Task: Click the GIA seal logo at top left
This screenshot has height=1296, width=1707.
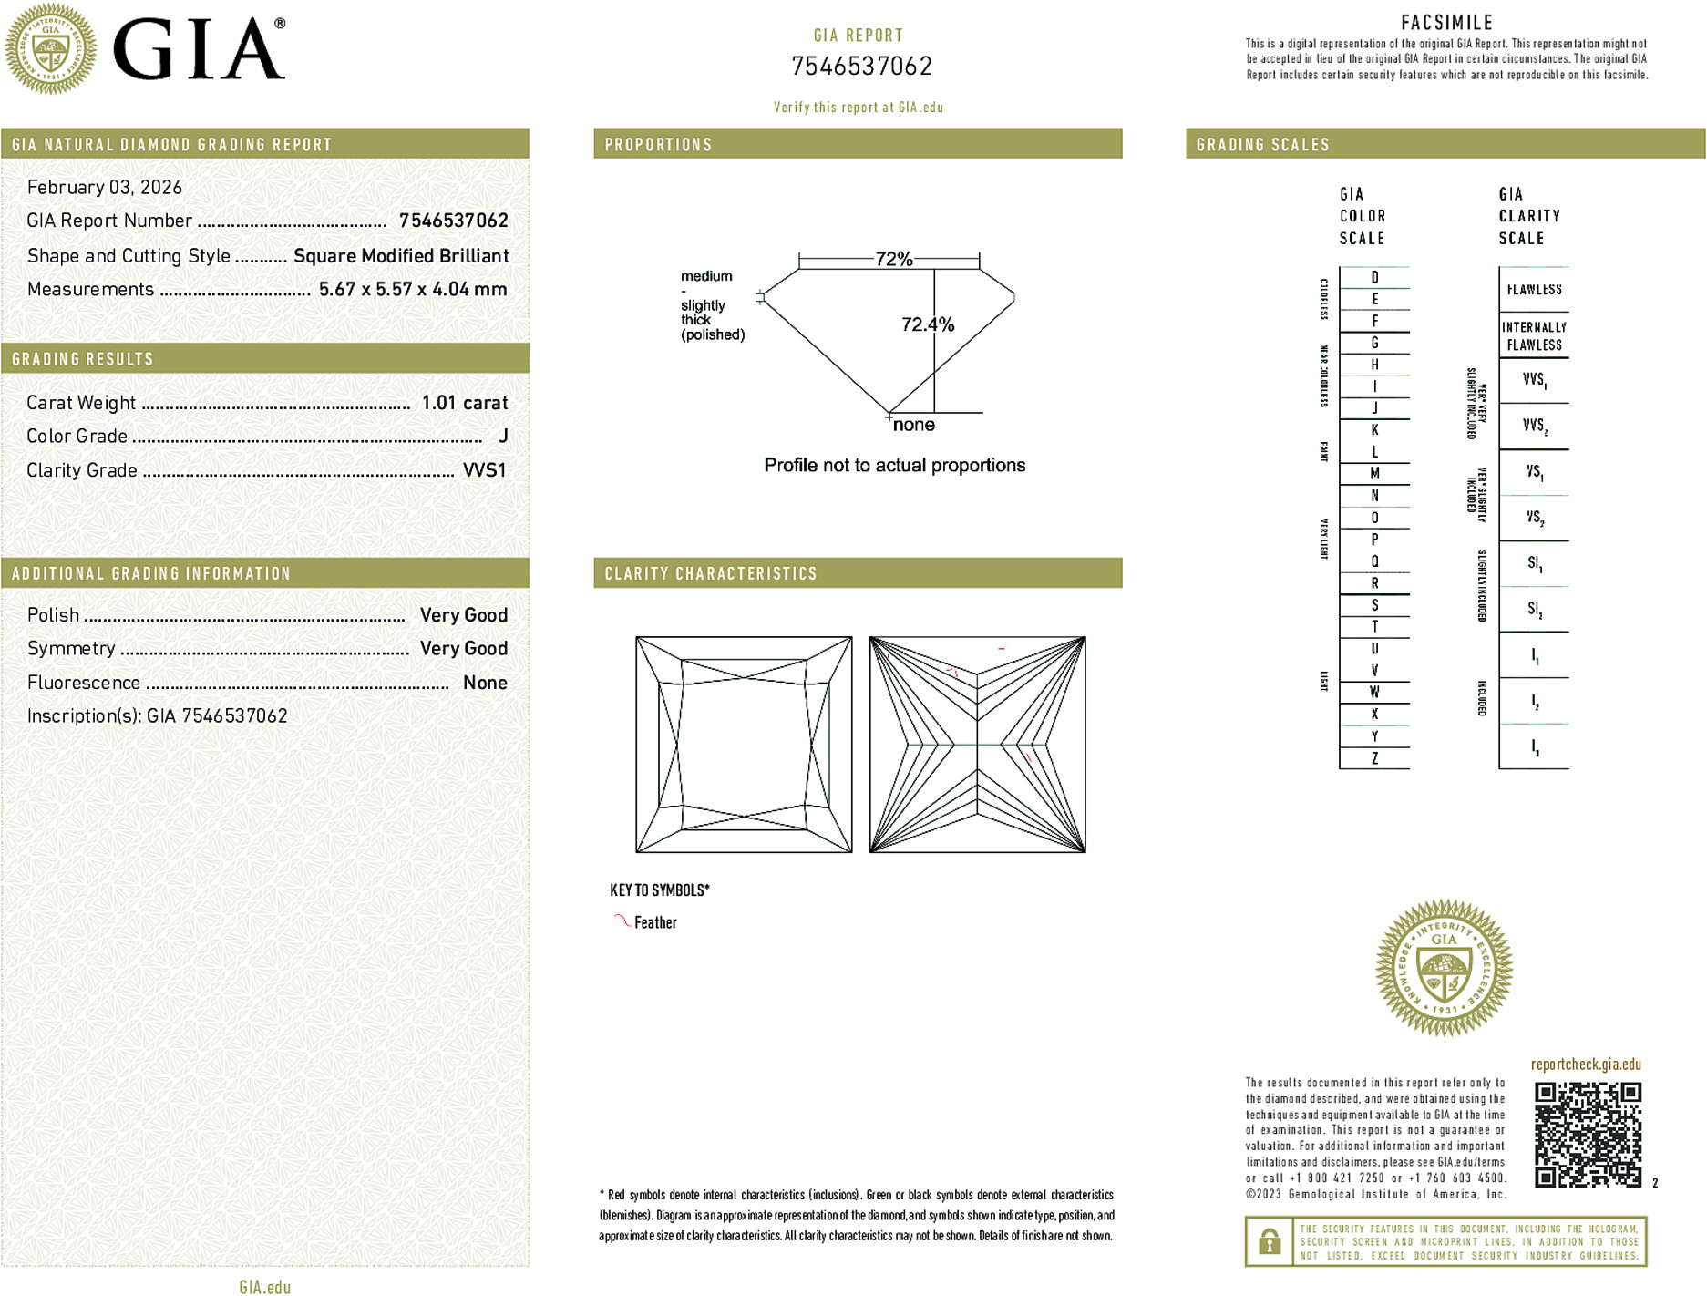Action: tap(50, 49)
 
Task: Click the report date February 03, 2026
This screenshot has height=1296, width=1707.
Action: tap(104, 187)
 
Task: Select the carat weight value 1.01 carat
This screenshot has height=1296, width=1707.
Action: tap(464, 403)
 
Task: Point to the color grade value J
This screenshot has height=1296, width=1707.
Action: tap(503, 437)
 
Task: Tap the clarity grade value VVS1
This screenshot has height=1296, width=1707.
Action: tap(484, 470)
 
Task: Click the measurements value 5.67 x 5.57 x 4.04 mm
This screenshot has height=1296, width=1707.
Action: tap(412, 289)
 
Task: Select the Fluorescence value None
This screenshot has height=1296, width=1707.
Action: tap(485, 683)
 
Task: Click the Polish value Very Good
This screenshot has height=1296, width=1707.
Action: tap(463, 615)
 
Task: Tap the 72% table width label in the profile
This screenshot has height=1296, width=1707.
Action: tap(893, 259)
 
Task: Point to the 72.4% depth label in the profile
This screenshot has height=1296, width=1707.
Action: tap(927, 324)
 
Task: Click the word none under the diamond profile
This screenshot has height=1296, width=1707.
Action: tap(913, 425)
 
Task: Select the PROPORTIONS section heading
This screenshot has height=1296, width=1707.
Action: tap(658, 145)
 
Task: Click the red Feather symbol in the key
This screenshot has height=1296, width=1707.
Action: tap(622, 921)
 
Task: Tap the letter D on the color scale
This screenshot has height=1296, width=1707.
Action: tap(1374, 277)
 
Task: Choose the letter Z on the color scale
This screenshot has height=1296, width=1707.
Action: tap(1374, 758)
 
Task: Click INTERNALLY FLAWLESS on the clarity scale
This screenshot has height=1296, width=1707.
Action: tap(1534, 335)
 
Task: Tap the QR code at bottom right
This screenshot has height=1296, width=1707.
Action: tap(1587, 1135)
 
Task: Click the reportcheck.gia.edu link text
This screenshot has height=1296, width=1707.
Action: tap(1585, 1065)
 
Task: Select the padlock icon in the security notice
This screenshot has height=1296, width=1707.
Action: tap(1269, 1241)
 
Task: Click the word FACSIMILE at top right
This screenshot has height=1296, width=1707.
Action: tap(1446, 23)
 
